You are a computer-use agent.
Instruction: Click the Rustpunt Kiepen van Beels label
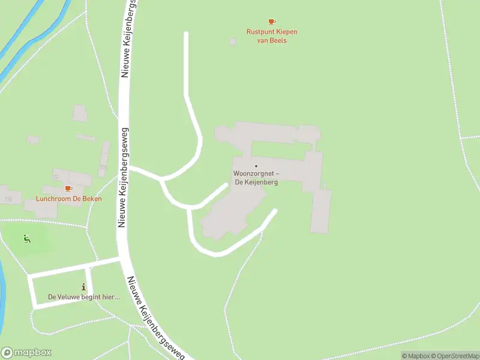(x=272, y=36)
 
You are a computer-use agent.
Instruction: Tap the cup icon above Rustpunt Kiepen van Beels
(x=272, y=22)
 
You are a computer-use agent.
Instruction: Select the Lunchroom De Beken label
(x=68, y=199)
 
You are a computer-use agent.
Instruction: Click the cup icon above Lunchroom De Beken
(x=68, y=188)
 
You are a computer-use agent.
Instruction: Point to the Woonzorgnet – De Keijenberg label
(x=256, y=178)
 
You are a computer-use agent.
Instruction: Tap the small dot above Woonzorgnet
(x=256, y=166)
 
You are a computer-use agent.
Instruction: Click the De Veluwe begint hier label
(x=84, y=296)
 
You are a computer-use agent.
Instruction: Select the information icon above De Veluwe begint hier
(x=83, y=287)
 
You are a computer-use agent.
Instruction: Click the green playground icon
(x=27, y=239)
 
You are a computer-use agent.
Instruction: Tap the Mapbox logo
(x=26, y=352)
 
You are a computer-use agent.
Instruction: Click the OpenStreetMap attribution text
(x=455, y=356)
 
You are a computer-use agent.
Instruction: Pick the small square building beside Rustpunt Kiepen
(x=233, y=41)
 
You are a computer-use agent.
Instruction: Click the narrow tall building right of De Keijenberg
(x=320, y=211)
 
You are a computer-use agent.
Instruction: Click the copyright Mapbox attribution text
(x=415, y=356)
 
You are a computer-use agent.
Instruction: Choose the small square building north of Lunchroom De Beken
(x=80, y=113)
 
